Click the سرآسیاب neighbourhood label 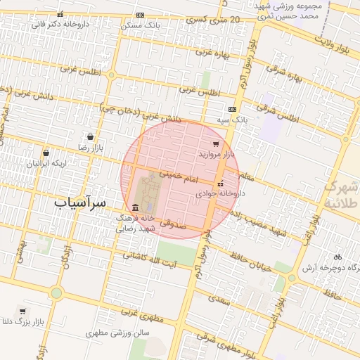80,202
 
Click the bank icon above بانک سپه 232,109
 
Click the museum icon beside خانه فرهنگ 135,207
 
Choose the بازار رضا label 91,148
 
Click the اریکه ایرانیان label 47,163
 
